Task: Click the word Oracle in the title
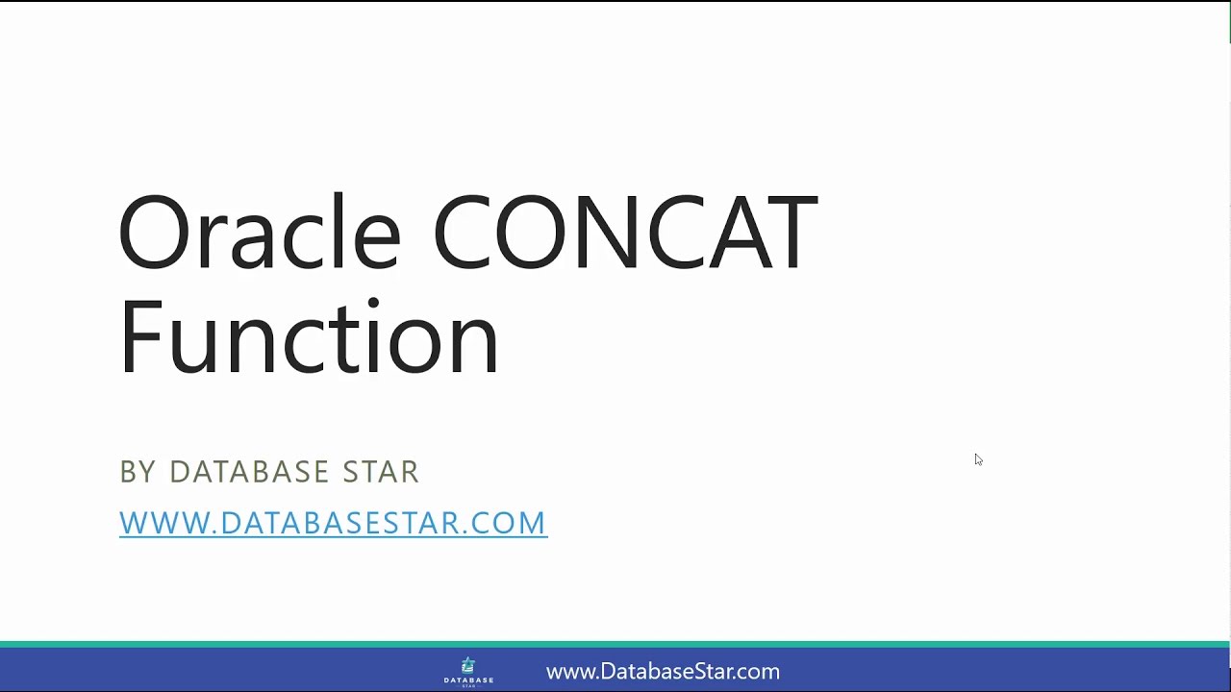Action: click(x=258, y=233)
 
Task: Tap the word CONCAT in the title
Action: click(x=624, y=233)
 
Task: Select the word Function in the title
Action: click(x=308, y=336)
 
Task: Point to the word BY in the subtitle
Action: click(x=138, y=472)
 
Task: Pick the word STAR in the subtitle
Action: click(x=381, y=472)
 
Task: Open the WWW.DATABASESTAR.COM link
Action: click(x=333, y=523)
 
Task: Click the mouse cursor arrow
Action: click(x=978, y=459)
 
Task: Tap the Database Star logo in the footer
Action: click(x=468, y=671)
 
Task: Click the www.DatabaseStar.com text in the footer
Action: click(x=663, y=672)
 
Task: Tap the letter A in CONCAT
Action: click(x=721, y=233)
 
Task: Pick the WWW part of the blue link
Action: click(x=160, y=523)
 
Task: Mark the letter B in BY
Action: click(x=128, y=472)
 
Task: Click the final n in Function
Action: click(x=479, y=343)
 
